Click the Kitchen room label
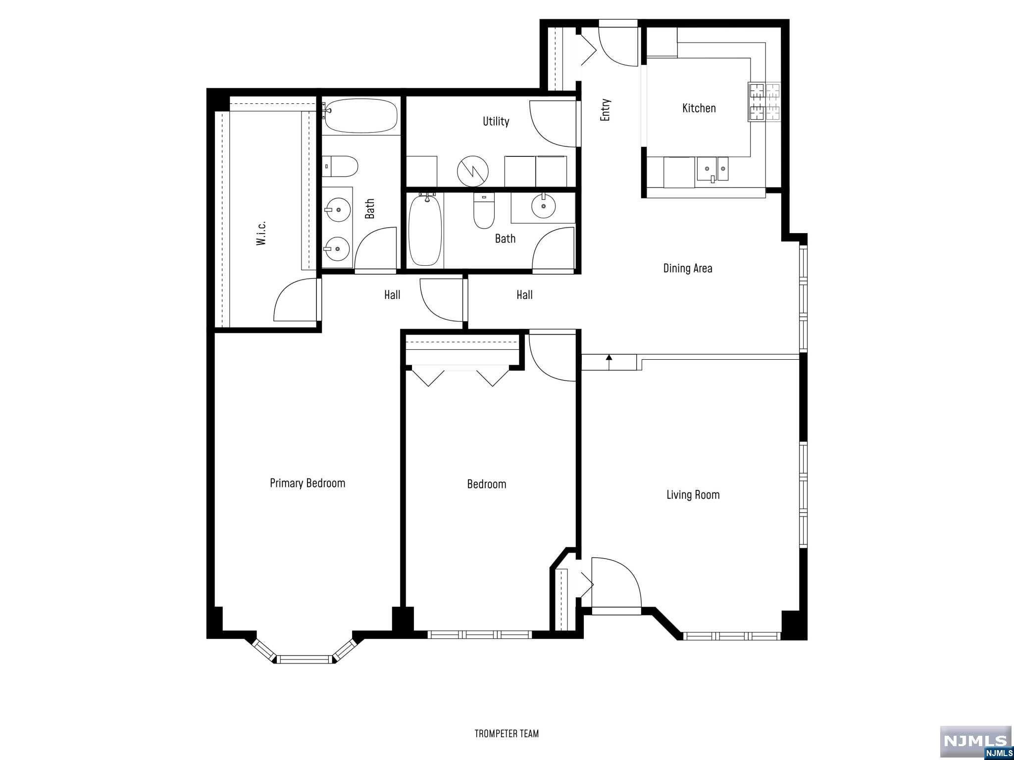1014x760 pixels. pyautogui.click(x=699, y=108)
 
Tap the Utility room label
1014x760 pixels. pyautogui.click(x=496, y=121)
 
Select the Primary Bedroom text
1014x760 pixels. pyautogui.click(x=307, y=483)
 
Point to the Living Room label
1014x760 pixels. pyautogui.click(x=693, y=494)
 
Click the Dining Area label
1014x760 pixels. pyautogui.click(x=688, y=268)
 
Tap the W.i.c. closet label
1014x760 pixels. pyautogui.click(x=261, y=233)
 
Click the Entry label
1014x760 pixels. pyautogui.click(x=605, y=110)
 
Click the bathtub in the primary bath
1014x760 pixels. pyautogui.click(x=360, y=116)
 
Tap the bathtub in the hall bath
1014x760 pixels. pyautogui.click(x=425, y=231)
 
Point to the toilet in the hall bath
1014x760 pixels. pyautogui.click(x=484, y=211)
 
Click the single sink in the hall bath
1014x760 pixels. pyautogui.click(x=543, y=206)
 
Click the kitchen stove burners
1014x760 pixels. pyautogui.click(x=764, y=102)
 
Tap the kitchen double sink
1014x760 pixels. pyautogui.click(x=712, y=168)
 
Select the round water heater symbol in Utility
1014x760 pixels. pyautogui.click(x=472, y=171)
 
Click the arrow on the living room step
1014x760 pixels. pyautogui.click(x=609, y=361)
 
